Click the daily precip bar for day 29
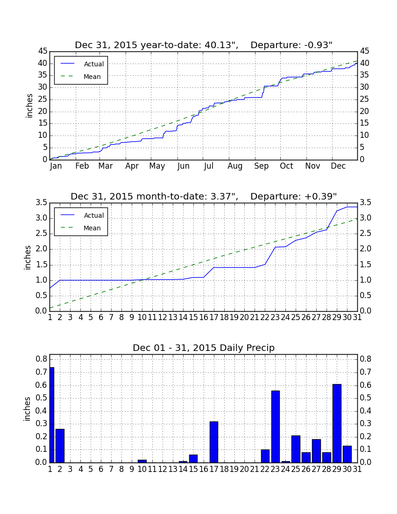(337, 423)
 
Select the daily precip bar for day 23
(276, 427)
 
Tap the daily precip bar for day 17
(214, 442)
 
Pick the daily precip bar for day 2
(60, 446)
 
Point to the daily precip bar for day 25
(296, 449)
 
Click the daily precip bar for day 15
(193, 458)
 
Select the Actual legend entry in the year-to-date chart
(81, 64)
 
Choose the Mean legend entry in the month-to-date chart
(81, 228)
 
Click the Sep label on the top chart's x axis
(262, 166)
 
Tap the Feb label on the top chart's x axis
(82, 166)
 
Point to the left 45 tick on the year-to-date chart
(43, 51)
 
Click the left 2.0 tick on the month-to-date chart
(41, 249)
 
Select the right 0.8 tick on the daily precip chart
(366, 359)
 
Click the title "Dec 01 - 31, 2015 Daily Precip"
(204, 348)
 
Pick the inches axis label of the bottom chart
(27, 409)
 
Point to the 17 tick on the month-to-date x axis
(214, 317)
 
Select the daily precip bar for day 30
(347, 454)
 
